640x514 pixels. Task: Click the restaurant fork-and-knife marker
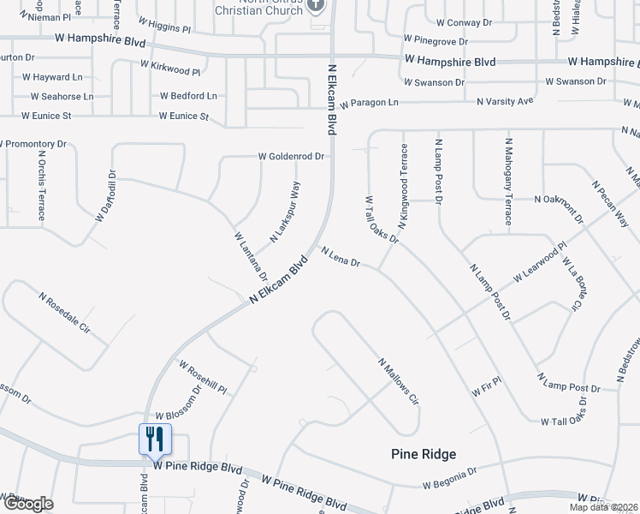[x=155, y=439]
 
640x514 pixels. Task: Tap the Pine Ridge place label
[x=424, y=454]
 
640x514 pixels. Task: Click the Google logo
[x=27, y=504]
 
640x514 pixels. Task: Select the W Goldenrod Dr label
[x=292, y=157]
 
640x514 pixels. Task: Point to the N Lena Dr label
[x=341, y=257]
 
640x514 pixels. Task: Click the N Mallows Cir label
[x=398, y=381]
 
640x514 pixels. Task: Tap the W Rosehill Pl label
[x=202, y=377]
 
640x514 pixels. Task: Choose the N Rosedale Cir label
[x=64, y=312]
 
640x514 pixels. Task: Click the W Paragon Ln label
[x=369, y=103]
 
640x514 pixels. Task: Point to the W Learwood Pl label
[x=540, y=263]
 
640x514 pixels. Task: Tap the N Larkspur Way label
[x=286, y=212]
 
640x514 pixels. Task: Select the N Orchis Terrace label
[x=41, y=186]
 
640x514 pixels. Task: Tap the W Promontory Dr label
[x=33, y=144]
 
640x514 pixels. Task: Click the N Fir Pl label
[x=485, y=390]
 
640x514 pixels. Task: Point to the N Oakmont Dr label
[x=558, y=199]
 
